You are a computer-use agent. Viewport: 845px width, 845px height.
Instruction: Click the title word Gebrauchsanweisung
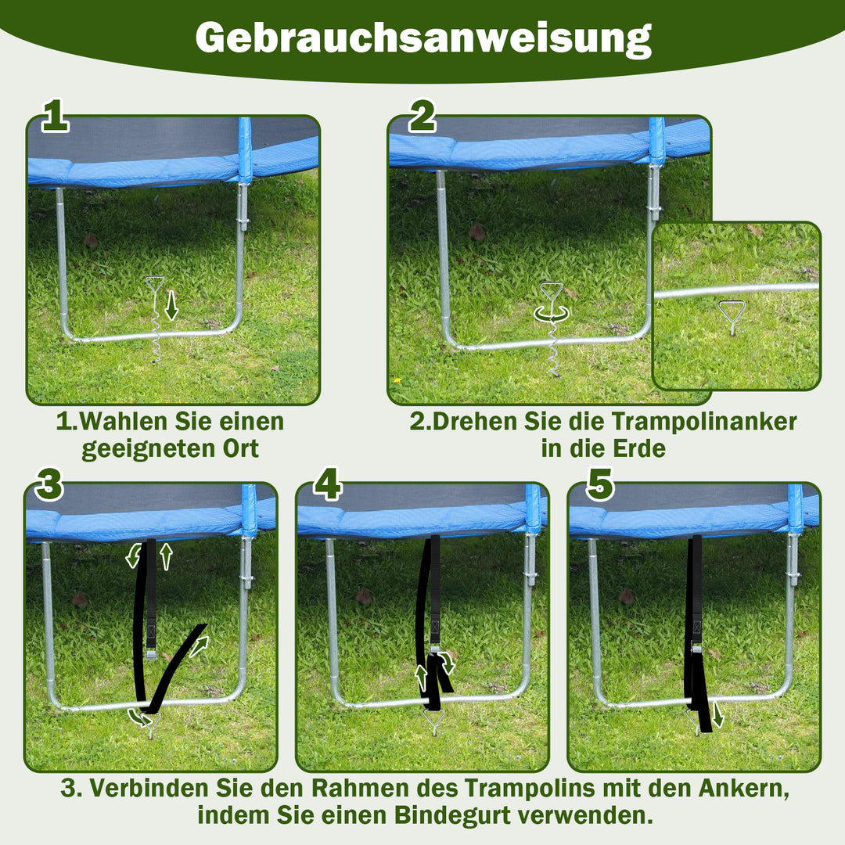422,37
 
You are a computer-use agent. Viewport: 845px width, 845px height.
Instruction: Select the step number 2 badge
422,117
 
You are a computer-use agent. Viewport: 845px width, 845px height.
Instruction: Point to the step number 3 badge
49,485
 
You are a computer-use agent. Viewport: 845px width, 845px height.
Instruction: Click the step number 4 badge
327,485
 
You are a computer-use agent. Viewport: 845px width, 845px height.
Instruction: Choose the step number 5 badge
600,485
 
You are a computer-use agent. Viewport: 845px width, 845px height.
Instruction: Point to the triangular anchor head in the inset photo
732,312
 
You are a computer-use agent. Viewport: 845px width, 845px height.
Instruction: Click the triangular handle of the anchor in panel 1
155,285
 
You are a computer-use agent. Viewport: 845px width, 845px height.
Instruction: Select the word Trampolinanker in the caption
703,422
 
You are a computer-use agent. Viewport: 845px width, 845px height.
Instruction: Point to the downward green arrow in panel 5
717,714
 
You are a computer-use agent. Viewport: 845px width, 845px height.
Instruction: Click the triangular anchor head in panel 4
433,717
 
